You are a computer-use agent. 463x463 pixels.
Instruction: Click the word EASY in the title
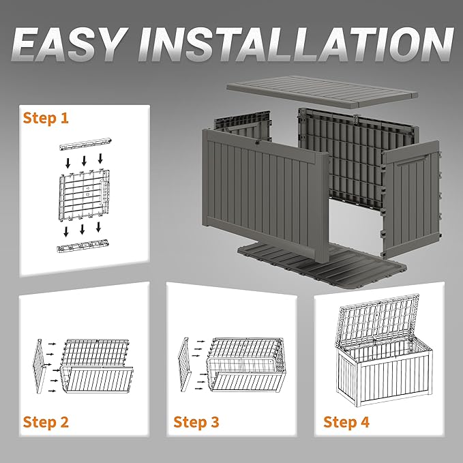(x=68, y=44)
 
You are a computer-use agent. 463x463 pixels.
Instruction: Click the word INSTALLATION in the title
(x=295, y=44)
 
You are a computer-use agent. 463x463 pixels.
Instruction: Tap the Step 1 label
(x=46, y=118)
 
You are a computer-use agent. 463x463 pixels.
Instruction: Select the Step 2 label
(x=46, y=422)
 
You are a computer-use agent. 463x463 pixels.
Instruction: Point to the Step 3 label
(x=196, y=422)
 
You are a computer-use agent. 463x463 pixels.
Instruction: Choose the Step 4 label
(x=346, y=422)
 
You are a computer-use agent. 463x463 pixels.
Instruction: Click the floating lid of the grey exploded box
(x=322, y=91)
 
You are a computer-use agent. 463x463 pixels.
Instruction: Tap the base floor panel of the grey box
(x=322, y=266)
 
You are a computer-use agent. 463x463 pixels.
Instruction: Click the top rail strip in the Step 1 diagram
(x=85, y=144)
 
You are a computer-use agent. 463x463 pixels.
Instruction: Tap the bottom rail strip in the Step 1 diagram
(x=84, y=245)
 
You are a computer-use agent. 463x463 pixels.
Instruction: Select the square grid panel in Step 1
(x=85, y=196)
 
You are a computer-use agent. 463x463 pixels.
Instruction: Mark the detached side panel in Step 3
(x=185, y=365)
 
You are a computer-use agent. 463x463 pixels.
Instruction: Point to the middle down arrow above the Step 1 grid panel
(x=84, y=161)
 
